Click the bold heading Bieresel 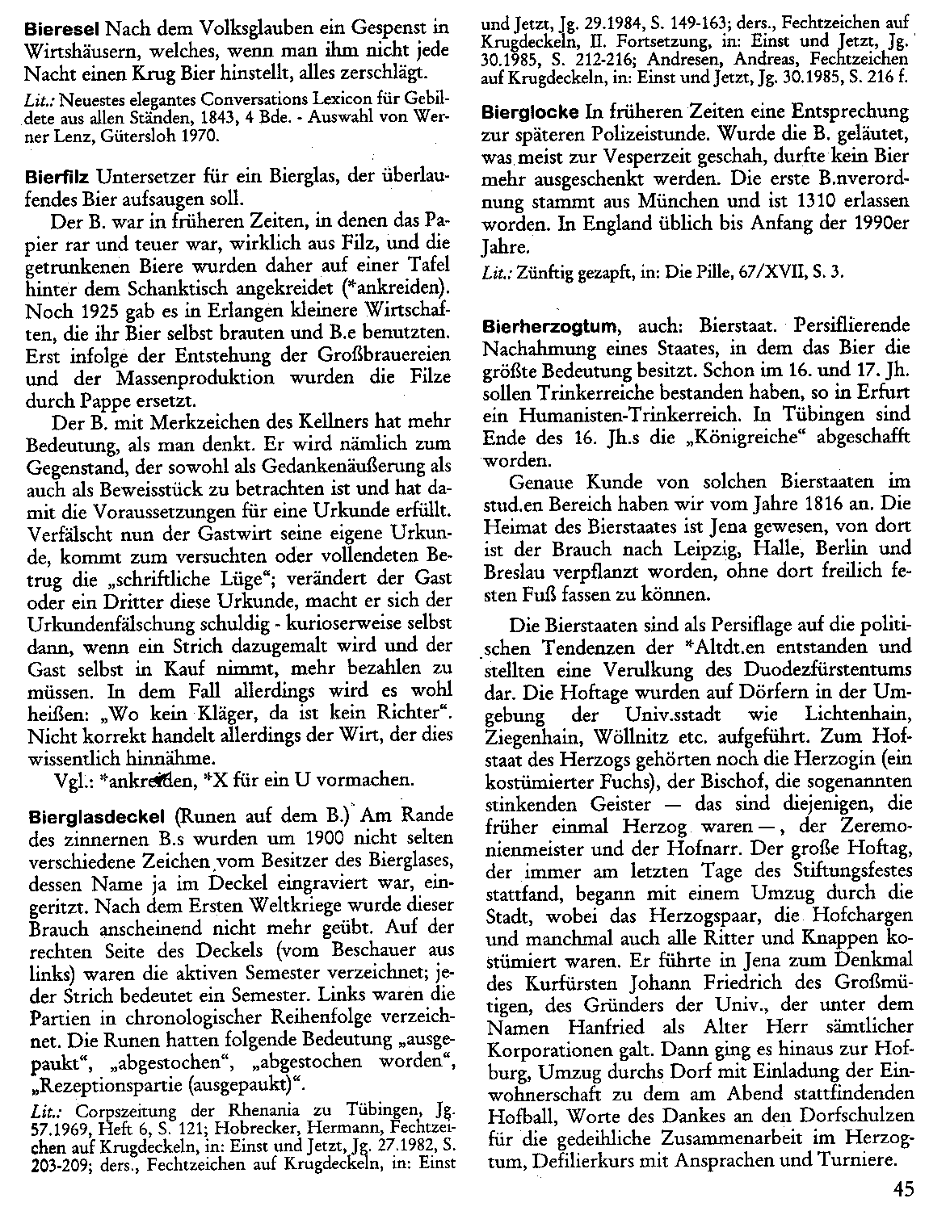(61, 27)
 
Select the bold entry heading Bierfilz (61, 176)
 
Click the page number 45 (904, 1187)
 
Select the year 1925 (85, 310)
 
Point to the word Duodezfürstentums (832, 670)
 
